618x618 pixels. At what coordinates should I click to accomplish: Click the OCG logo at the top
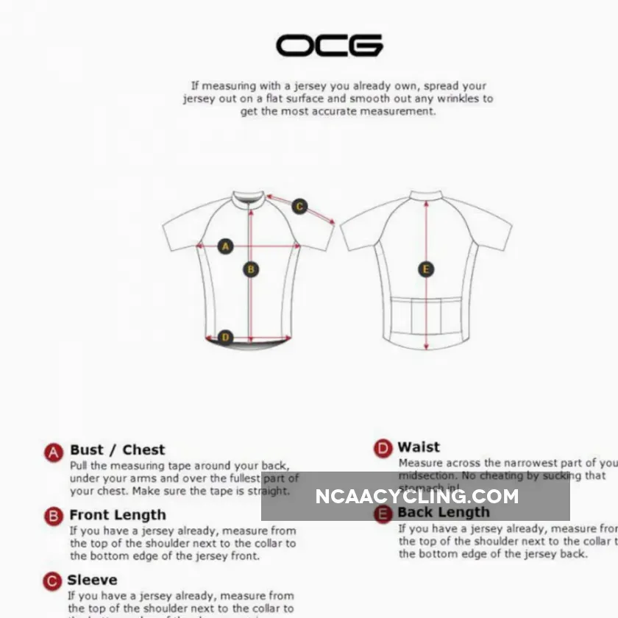tap(329, 46)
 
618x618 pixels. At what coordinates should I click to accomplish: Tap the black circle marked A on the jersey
tap(226, 246)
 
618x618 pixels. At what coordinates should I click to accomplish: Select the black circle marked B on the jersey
tap(251, 270)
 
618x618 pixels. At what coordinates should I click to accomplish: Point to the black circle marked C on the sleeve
tap(299, 207)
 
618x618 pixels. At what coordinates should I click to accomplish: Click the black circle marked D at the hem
tap(226, 338)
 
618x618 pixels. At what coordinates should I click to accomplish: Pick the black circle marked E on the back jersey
tap(426, 270)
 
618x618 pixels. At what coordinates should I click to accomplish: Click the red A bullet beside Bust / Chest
tap(54, 452)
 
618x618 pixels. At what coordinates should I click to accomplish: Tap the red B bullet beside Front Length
tap(54, 516)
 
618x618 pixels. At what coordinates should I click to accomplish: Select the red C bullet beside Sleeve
tap(52, 581)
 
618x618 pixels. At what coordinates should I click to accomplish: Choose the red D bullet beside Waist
tap(383, 448)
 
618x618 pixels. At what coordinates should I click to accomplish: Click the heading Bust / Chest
tap(118, 450)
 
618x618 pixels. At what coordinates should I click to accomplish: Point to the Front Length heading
tap(118, 515)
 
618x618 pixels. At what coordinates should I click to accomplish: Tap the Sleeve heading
tap(92, 580)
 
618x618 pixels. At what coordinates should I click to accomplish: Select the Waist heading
tap(419, 447)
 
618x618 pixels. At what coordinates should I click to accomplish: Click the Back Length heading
tap(444, 512)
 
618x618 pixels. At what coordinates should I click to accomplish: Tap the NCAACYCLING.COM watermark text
tap(416, 497)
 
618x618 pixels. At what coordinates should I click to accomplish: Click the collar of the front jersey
tap(248, 198)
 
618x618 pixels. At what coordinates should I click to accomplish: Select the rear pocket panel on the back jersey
tap(425, 318)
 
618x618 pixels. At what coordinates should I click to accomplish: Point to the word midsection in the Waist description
tap(426, 476)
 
